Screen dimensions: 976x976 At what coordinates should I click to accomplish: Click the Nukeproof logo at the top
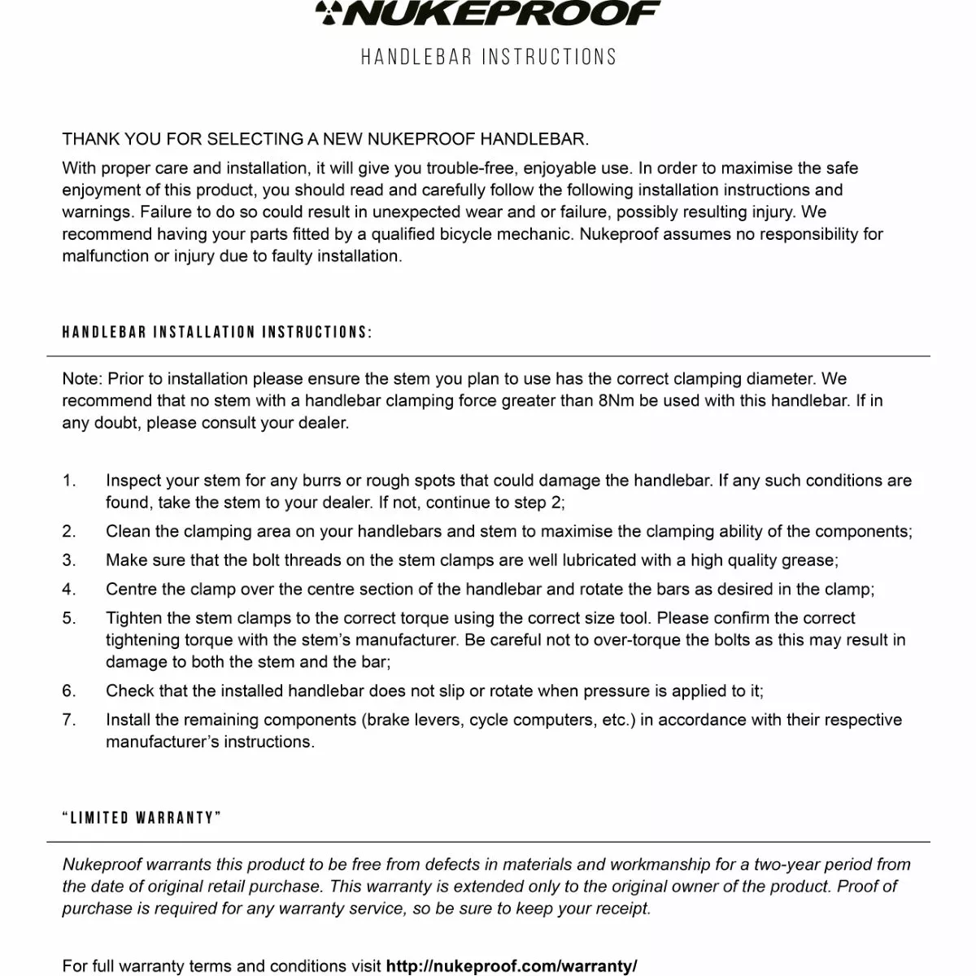point(487,13)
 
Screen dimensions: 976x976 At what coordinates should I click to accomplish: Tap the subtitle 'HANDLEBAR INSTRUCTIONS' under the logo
point(489,57)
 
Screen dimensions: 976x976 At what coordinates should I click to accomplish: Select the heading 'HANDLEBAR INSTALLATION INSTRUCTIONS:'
point(217,333)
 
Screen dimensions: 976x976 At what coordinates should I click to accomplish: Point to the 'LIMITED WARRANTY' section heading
point(142,818)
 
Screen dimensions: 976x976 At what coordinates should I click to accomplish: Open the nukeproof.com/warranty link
point(512,966)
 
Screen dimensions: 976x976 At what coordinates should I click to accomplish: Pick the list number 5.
point(69,618)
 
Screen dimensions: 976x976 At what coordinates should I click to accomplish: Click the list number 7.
point(69,720)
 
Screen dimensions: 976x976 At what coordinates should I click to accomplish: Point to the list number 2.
point(69,532)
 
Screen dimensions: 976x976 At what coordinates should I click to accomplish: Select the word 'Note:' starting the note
point(82,379)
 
